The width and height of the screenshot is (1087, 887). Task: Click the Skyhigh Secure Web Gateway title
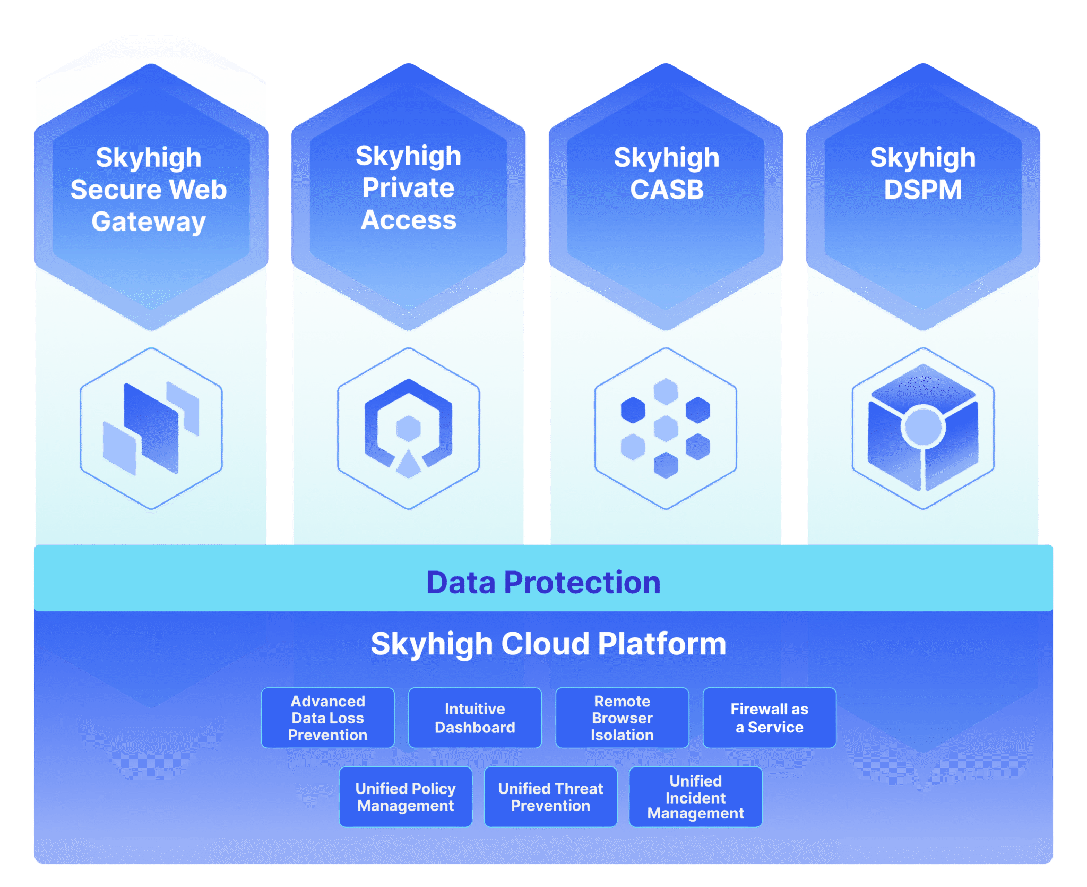(x=149, y=189)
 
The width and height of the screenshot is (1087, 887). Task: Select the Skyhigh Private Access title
(x=408, y=187)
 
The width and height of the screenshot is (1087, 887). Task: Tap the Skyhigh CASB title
(x=667, y=173)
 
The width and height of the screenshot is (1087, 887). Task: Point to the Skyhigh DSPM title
(x=923, y=173)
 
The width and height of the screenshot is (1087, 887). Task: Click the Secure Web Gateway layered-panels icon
(x=151, y=428)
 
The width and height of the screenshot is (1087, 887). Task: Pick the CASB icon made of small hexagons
(x=666, y=428)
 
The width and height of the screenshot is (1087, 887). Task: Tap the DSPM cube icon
(x=923, y=428)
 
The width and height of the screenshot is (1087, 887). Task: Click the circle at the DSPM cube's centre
(x=924, y=427)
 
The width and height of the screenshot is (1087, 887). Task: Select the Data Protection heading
(x=543, y=582)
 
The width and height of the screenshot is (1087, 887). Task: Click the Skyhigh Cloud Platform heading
(x=548, y=644)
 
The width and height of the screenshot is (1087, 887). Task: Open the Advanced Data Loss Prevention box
(x=327, y=718)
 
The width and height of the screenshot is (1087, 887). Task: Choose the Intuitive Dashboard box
(x=475, y=718)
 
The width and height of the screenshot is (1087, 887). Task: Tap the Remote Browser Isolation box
(x=622, y=718)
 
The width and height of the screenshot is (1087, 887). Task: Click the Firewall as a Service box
(x=770, y=718)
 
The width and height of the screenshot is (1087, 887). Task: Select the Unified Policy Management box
(x=406, y=797)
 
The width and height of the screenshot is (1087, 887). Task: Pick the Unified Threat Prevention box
(x=550, y=797)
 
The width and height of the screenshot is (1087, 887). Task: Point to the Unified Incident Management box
(x=695, y=797)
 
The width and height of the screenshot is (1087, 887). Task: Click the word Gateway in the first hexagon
(x=149, y=221)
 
